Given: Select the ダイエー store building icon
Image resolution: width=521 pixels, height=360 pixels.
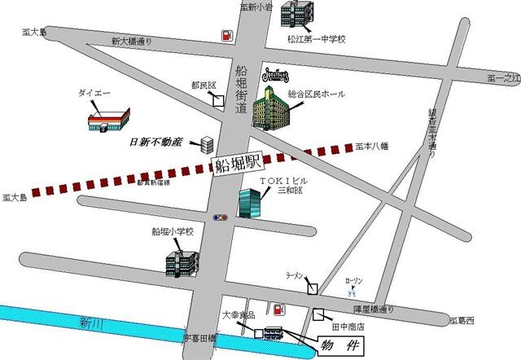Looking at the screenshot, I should [109, 120].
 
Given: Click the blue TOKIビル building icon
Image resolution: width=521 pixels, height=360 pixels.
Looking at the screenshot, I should [249, 203].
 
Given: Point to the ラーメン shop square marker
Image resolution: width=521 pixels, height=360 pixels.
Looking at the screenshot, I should [313, 288].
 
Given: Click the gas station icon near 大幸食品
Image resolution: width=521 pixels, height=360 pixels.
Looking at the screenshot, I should [278, 310].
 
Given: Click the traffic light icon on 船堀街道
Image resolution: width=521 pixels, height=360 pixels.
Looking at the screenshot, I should [220, 217].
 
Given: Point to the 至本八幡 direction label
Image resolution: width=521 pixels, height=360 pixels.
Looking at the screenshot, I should [374, 146].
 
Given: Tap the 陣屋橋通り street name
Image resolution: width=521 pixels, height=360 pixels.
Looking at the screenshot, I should [374, 309].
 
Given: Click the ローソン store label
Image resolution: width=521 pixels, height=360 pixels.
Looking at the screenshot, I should [354, 280].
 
